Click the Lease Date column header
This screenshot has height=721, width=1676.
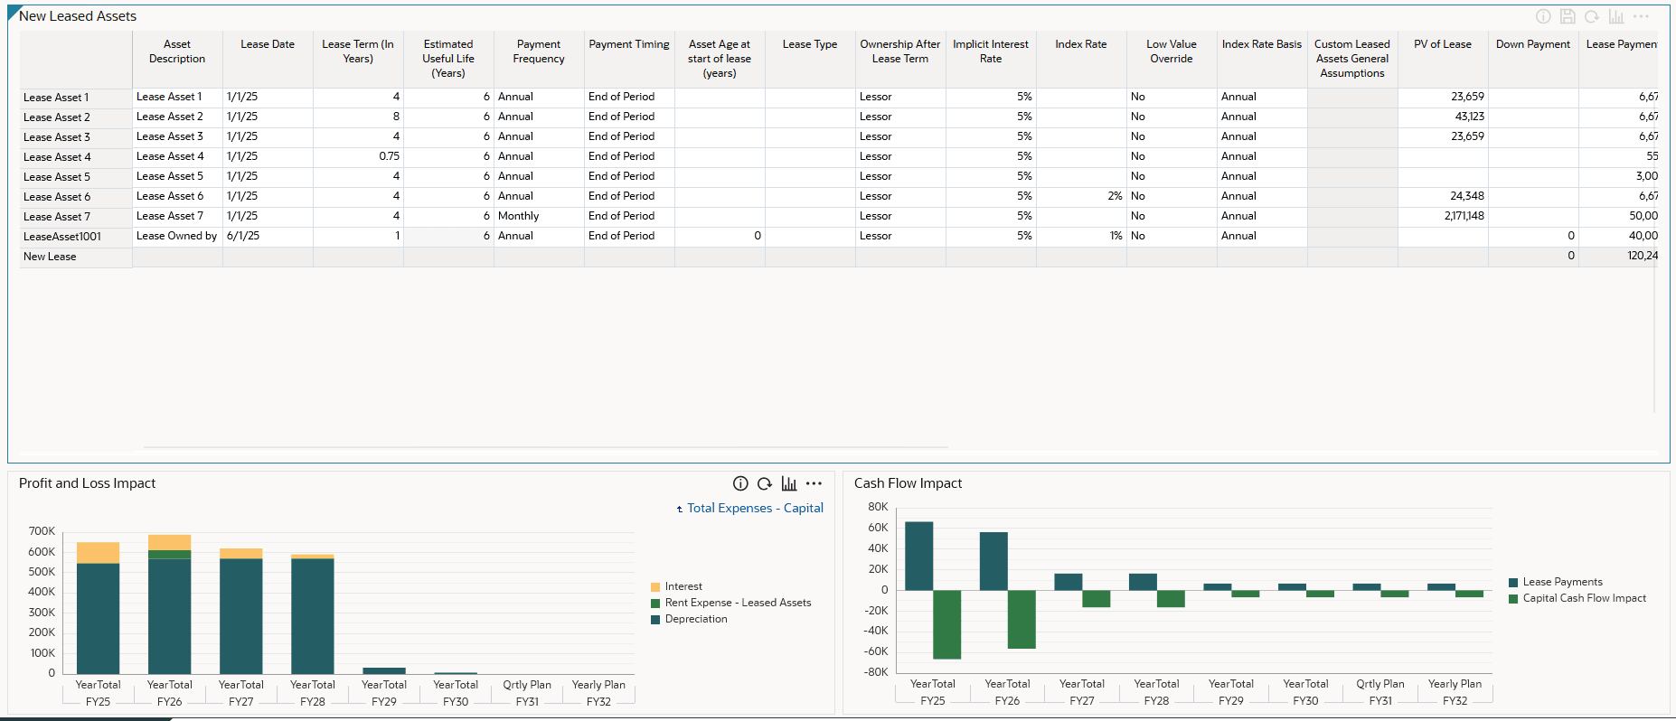(x=268, y=44)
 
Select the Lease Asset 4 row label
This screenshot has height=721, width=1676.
(x=57, y=157)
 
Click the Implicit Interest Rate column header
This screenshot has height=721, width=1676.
(x=991, y=51)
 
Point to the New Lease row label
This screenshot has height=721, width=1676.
(x=50, y=257)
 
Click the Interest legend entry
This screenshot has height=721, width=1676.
(x=683, y=586)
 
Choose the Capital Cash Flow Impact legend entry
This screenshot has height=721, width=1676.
(x=1584, y=598)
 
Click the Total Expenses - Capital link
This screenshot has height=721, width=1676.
(x=755, y=509)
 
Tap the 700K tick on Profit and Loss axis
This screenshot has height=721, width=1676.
(x=42, y=531)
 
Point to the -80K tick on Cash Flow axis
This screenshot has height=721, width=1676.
(x=876, y=672)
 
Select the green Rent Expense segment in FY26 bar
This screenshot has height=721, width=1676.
(x=169, y=555)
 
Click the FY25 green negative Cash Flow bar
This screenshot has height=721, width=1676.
(x=946, y=623)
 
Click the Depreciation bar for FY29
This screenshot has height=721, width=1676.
(x=384, y=670)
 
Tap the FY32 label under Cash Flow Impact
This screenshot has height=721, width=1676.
(x=1455, y=701)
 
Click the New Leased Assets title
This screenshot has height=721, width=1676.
(x=78, y=16)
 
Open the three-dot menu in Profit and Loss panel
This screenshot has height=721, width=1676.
(x=814, y=483)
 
